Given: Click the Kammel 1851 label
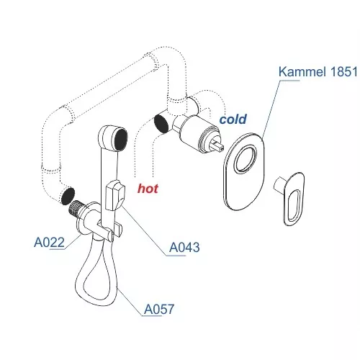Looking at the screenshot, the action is (x=318, y=71).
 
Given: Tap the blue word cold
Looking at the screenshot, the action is (x=233, y=120).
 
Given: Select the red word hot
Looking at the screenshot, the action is (x=148, y=189).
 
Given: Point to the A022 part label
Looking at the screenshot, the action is (x=49, y=242).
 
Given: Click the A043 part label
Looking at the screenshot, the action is (x=184, y=247).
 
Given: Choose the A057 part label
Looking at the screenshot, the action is (x=159, y=309).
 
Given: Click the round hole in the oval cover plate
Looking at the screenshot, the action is (x=246, y=158).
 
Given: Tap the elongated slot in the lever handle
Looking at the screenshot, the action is (x=294, y=204).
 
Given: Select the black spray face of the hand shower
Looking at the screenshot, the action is (x=121, y=139).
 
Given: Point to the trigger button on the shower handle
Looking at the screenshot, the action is (x=115, y=196).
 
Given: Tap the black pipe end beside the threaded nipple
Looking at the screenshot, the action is (x=68, y=196).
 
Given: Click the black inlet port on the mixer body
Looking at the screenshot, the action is (x=161, y=124).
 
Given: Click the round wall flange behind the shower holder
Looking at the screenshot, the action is (x=83, y=220).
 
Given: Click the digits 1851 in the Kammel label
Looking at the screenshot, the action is (x=344, y=71).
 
